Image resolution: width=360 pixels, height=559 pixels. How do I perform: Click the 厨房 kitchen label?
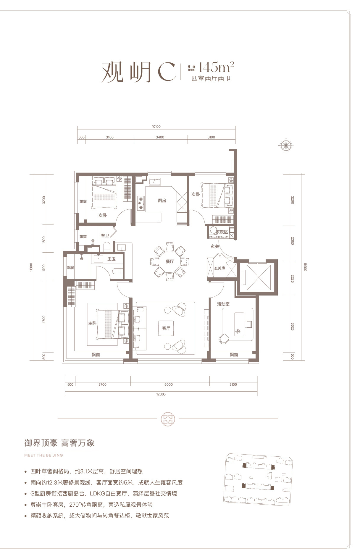[x=162, y=201]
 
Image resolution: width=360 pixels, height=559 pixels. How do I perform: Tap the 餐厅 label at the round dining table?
[x=169, y=261]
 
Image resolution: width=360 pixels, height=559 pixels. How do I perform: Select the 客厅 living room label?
[x=166, y=328]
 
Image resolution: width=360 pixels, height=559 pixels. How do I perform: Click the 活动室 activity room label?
[x=223, y=304]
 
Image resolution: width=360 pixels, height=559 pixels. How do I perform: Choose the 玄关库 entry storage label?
[x=220, y=268]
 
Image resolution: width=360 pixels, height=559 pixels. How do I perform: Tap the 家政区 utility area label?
[x=222, y=232]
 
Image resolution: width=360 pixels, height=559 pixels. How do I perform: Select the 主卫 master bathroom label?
[x=111, y=259]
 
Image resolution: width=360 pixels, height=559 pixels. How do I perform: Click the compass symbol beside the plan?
[x=286, y=145]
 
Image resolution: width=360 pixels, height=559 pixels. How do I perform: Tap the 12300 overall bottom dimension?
[x=161, y=394]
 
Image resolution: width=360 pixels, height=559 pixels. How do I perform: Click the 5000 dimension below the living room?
[x=168, y=384]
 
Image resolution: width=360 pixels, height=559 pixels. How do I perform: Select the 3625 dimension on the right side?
[x=293, y=326]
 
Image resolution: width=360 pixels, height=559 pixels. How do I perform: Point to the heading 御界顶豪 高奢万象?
[x=59, y=443]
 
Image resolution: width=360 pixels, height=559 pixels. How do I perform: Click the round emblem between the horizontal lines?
[x=168, y=419]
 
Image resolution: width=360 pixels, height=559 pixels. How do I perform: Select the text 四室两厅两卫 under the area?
[x=211, y=79]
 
